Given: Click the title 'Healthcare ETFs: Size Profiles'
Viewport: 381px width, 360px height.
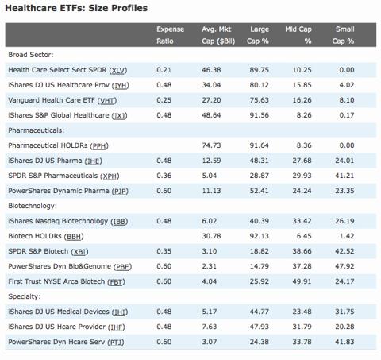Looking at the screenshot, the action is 76,8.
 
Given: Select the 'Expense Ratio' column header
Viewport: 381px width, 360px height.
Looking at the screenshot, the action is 170,35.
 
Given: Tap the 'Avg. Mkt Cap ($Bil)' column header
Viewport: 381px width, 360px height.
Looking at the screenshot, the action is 218,35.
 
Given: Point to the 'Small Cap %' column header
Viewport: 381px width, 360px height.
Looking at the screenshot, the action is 343,35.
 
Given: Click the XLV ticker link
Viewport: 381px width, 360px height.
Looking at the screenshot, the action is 118,70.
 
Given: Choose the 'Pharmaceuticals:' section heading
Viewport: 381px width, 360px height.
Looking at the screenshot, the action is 37,130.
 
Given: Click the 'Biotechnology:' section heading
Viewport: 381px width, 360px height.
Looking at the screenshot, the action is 33,206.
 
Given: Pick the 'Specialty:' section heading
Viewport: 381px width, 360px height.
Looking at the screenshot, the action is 25,296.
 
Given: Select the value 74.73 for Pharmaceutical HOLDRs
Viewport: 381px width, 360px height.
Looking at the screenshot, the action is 211,145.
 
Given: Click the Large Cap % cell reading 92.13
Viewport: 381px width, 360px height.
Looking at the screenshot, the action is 259,236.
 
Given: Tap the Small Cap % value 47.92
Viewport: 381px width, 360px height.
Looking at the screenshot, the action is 344,266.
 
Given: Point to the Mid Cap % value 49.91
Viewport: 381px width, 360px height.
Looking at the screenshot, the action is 302,281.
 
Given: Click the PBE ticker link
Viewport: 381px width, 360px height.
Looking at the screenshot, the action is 122,267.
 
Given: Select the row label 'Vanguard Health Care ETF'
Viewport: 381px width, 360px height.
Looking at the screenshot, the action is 52,100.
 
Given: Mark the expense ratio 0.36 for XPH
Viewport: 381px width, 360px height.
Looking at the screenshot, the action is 164,176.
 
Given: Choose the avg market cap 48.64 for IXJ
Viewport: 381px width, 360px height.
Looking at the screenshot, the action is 211,115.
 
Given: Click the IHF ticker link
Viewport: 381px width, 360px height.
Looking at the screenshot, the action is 116,327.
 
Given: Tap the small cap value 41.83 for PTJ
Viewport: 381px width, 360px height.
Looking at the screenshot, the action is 344,342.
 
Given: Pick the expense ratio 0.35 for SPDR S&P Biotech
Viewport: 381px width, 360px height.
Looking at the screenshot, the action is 164,251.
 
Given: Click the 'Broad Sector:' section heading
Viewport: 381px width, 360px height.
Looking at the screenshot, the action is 31,55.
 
